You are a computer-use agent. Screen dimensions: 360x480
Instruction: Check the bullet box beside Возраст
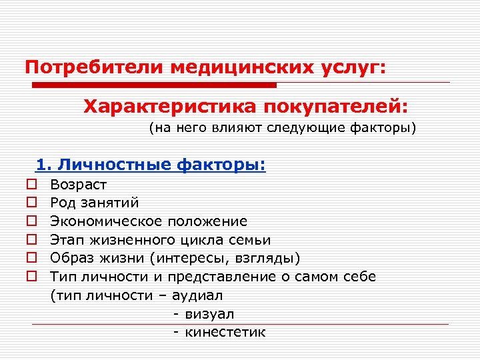(x=31, y=184)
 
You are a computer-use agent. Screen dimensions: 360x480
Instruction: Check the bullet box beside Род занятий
(x=31, y=203)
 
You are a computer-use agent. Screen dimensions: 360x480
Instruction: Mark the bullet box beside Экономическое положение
(x=31, y=221)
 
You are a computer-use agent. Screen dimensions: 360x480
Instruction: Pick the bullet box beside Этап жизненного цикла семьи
(x=31, y=239)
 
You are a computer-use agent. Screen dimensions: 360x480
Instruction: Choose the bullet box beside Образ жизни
(x=31, y=258)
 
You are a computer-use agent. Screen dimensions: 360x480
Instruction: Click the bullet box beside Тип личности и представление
(x=31, y=276)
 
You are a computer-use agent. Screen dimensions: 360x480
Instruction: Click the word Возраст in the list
(x=78, y=184)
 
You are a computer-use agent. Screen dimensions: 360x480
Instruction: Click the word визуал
(x=209, y=313)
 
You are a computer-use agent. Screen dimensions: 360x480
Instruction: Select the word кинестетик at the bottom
(x=225, y=332)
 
